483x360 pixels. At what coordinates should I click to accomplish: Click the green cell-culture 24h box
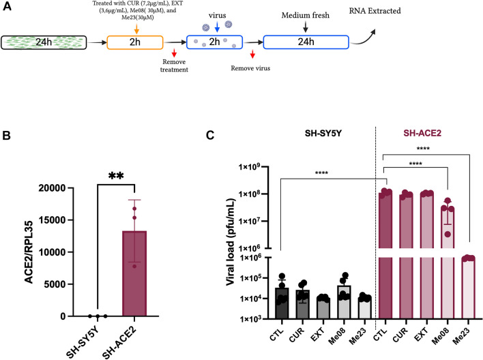pos(52,44)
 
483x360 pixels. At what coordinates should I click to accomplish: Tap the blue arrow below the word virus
pos(217,27)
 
